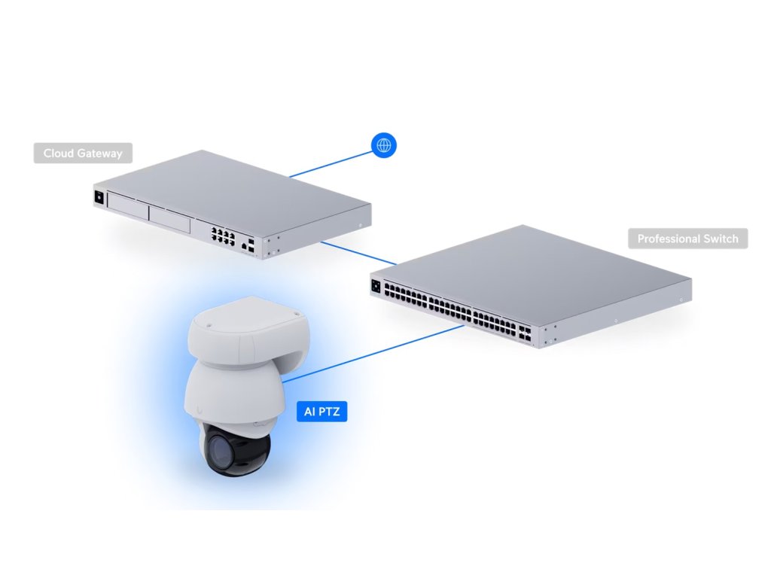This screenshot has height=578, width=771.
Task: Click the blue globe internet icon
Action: (x=384, y=144)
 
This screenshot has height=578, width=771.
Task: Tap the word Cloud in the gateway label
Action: (x=57, y=154)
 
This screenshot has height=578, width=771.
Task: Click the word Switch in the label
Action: (x=722, y=239)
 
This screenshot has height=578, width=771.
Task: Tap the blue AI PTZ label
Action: (x=322, y=412)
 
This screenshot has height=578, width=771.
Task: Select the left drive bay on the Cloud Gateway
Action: (x=127, y=207)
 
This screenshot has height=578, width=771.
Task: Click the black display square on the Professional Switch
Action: (x=376, y=286)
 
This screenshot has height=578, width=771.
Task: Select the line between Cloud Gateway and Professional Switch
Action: (x=358, y=254)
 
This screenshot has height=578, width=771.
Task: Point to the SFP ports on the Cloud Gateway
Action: (x=249, y=245)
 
